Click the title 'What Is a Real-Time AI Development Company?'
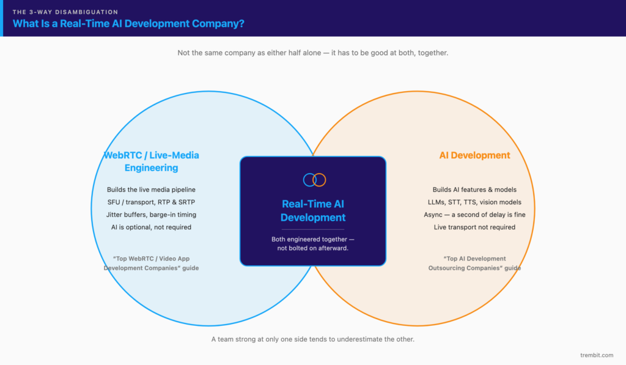pyautogui.click(x=128, y=24)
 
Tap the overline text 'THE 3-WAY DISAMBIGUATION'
pyautogui.click(x=65, y=12)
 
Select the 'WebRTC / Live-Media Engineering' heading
pyautogui.click(x=152, y=161)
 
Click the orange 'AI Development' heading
pyautogui.click(x=474, y=155)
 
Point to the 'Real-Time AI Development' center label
pyautogui.click(x=313, y=210)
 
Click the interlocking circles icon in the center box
pyautogui.click(x=315, y=180)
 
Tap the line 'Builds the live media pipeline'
pyautogui.click(x=152, y=190)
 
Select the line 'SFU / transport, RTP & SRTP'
pyautogui.click(x=152, y=202)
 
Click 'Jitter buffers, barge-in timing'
pyautogui.click(x=152, y=215)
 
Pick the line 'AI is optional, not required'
pyautogui.click(x=152, y=227)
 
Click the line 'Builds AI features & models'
pyautogui.click(x=474, y=190)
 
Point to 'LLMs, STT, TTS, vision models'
pyautogui.click(x=474, y=202)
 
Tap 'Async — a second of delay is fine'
pyautogui.click(x=474, y=215)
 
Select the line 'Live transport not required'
pyautogui.click(x=474, y=227)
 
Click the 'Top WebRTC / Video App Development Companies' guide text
pyautogui.click(x=152, y=263)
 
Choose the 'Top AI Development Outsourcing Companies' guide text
pyautogui.click(x=474, y=263)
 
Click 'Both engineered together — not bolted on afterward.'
pyautogui.click(x=313, y=243)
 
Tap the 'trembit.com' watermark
pyautogui.click(x=597, y=355)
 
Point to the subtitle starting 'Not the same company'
pyautogui.click(x=313, y=53)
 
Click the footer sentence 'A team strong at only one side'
pyautogui.click(x=313, y=339)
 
